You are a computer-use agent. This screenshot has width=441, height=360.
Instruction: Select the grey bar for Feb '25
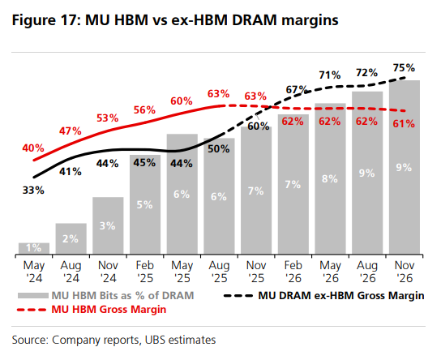tap(145, 204)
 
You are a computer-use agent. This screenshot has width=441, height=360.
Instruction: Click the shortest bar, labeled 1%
tap(33, 247)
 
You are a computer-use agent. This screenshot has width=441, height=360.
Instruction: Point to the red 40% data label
tap(33, 148)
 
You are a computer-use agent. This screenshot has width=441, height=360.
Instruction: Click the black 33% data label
tap(33, 191)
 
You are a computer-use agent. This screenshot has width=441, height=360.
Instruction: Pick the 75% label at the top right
tap(404, 68)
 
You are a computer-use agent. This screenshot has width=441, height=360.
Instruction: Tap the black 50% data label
tap(220, 149)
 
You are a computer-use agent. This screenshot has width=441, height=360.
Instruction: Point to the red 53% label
tap(107, 118)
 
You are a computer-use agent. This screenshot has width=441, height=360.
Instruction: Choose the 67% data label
tap(295, 89)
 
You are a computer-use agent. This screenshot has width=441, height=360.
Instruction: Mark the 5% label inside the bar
tap(145, 204)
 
